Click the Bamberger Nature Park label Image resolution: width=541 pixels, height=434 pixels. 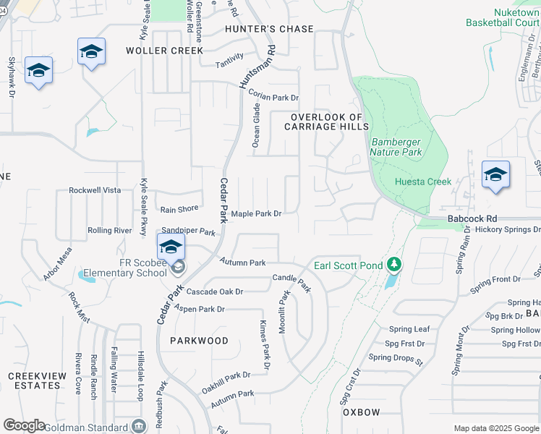(x=396, y=148)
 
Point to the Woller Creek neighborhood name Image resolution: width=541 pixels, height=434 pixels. (x=165, y=51)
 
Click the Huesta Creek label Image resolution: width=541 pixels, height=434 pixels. (x=423, y=182)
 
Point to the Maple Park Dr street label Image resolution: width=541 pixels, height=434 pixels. (x=255, y=213)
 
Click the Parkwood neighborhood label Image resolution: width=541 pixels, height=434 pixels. (x=199, y=340)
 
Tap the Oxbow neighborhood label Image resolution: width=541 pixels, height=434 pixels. (x=361, y=412)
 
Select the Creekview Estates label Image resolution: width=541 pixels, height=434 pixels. (x=35, y=380)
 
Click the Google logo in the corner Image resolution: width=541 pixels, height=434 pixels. (x=24, y=425)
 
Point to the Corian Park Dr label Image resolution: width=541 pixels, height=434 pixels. (x=273, y=95)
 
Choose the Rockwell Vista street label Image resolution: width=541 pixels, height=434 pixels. (x=95, y=190)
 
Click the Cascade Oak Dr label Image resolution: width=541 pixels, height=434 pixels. (x=215, y=292)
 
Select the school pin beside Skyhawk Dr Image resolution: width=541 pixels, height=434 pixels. (x=39, y=71)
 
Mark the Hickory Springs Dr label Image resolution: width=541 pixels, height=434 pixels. (x=508, y=229)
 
